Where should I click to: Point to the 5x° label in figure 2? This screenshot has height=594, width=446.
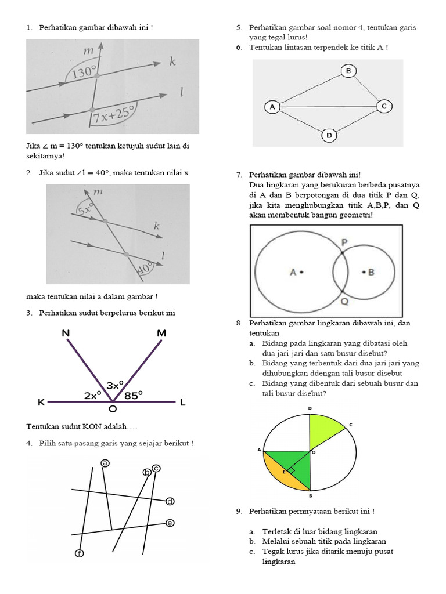pos(86,208)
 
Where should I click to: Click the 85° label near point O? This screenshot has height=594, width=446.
pos(133,395)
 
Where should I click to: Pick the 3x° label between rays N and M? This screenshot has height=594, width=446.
pos(114,385)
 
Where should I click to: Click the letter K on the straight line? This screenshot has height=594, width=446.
pos(41,402)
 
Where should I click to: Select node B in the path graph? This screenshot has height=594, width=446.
pos(348,71)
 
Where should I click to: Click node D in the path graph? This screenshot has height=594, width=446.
pos(329,136)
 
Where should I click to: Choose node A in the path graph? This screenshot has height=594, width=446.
pos(272,107)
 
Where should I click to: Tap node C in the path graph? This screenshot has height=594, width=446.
pos(384,106)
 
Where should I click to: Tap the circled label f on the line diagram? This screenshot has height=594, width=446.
pos(80,553)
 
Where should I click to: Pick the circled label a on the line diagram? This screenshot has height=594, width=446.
pos(105,463)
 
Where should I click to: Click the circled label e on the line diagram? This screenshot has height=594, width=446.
pos(170,523)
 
